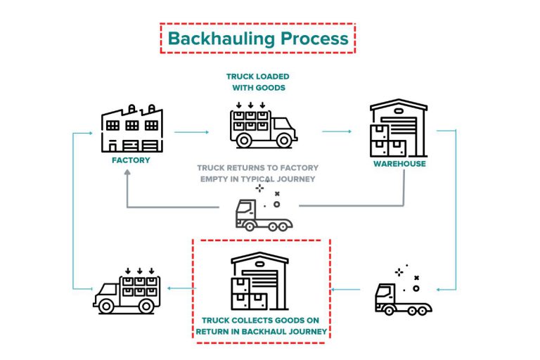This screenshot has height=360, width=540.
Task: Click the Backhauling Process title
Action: [x=258, y=39]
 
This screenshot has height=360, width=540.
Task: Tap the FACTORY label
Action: [x=131, y=160]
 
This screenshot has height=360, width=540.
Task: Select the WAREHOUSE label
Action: [x=399, y=165]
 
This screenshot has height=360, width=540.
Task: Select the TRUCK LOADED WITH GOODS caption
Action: [x=257, y=82]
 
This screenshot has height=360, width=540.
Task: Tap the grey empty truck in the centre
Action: [x=263, y=214]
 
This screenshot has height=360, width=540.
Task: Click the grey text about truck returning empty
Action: [x=257, y=173]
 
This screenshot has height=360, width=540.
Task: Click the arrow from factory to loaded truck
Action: [x=191, y=131]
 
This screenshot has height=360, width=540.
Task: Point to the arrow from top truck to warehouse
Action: [x=337, y=131]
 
